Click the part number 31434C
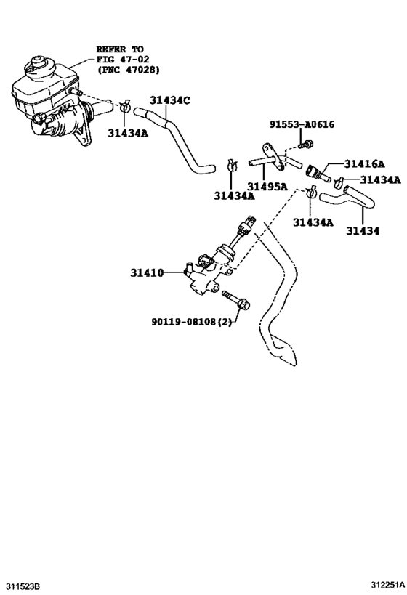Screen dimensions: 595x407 pyautogui.click(x=170, y=101)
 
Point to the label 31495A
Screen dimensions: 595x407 pyautogui.click(x=268, y=186)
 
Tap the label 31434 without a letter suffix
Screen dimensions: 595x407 pyautogui.click(x=362, y=231)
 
